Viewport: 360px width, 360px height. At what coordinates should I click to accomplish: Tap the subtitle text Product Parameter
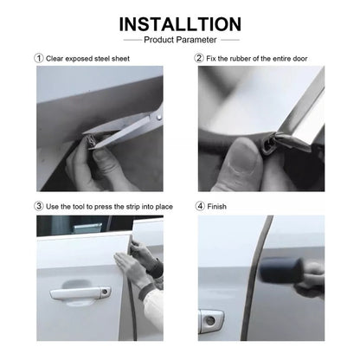pos(180,39)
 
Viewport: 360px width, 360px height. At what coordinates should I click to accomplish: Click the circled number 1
pos(38,58)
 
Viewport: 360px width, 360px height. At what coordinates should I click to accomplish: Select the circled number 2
pos(199,58)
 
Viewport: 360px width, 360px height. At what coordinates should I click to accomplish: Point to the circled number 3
pos(38,207)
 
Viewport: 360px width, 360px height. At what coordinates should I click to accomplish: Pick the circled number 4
pos(199,207)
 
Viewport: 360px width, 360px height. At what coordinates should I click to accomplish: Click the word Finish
pos(217,207)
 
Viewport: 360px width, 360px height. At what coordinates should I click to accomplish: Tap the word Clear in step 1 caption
pos(55,58)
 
